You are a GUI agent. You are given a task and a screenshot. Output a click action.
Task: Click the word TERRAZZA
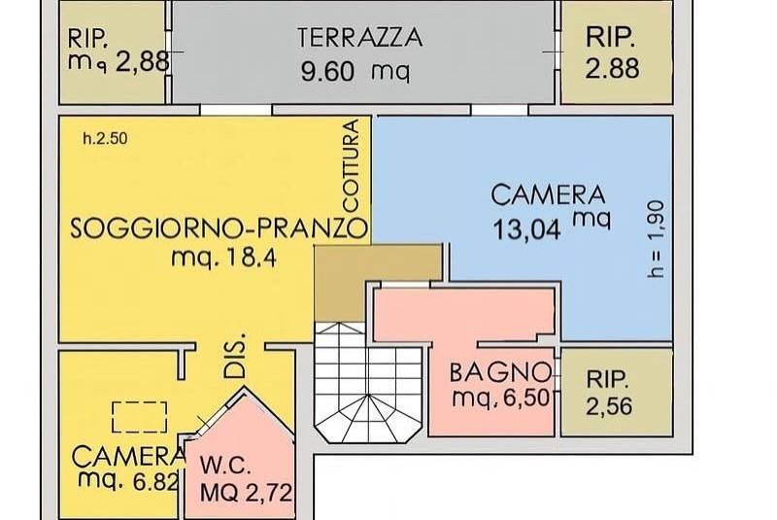tap(360, 38)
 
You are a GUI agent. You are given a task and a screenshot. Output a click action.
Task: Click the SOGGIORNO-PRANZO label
tap(219, 229)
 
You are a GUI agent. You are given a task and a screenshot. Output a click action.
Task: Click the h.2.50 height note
tap(105, 139)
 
